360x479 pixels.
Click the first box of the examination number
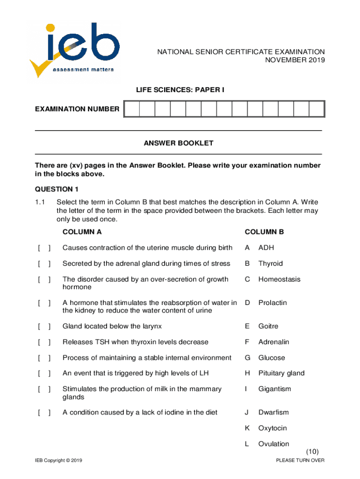point(132,109)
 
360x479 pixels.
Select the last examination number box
point(317,109)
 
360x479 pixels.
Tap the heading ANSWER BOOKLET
point(178,143)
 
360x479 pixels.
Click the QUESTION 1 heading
point(57,189)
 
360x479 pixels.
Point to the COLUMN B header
point(264,232)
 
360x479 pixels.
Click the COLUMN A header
point(82,232)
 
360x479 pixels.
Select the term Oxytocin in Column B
point(273,428)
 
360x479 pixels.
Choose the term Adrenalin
point(274,342)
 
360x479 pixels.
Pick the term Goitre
point(268,326)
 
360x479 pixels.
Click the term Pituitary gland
point(281,373)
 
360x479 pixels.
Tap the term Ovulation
point(274,444)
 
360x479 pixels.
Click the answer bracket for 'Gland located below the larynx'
point(44,326)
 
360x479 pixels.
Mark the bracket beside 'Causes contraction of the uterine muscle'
point(44,247)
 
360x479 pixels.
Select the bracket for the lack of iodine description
point(44,412)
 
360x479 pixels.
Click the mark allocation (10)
point(312,451)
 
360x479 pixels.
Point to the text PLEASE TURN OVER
point(300,461)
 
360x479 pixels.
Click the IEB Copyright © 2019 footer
point(58,461)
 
